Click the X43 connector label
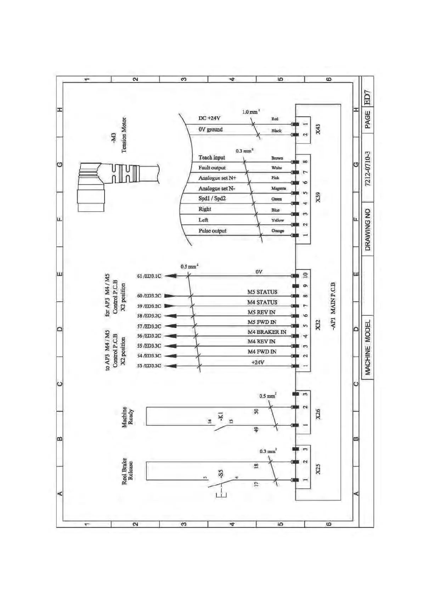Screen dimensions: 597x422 point(318,129)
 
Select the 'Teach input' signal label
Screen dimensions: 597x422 point(212,157)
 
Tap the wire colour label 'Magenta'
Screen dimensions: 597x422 point(278,188)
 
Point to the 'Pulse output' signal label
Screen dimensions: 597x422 point(212,231)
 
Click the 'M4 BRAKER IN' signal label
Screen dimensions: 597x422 point(266,332)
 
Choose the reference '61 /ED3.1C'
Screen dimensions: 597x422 point(149,276)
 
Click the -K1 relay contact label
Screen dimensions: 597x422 point(220,416)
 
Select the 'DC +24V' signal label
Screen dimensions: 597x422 point(209,118)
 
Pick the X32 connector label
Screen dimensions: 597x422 point(318,325)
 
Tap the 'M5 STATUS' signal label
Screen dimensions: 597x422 point(262,292)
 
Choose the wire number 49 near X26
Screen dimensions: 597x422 point(256,429)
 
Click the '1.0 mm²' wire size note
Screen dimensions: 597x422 point(251,112)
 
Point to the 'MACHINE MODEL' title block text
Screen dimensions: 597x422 point(368,347)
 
